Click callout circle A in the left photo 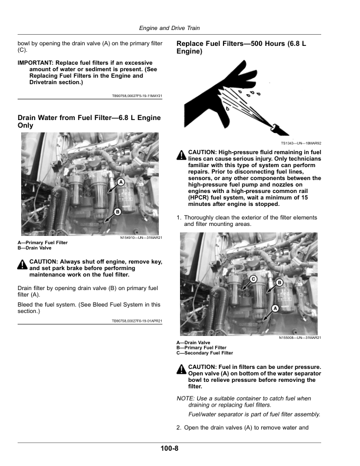coord(121,183)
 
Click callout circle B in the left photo coord(117,211)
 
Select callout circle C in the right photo coord(254,279)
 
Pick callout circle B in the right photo coord(279,282)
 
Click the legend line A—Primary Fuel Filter coord(42,242)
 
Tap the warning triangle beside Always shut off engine coord(22,265)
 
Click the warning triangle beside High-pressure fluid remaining coord(181,156)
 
